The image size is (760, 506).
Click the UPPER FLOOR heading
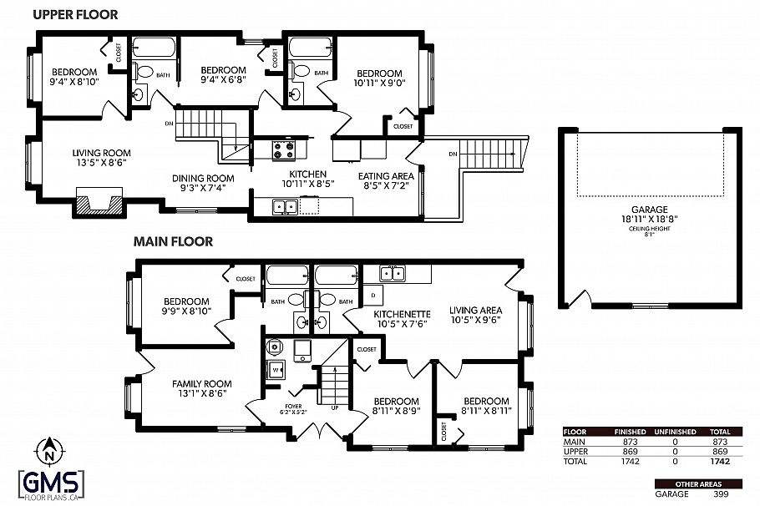(x=74, y=14)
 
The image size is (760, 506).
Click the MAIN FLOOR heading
(x=173, y=241)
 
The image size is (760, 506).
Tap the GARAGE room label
(x=649, y=210)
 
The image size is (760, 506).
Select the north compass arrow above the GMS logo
(x=50, y=452)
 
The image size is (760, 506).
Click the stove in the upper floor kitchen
(x=283, y=150)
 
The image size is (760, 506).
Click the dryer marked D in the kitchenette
(x=372, y=296)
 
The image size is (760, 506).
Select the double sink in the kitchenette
(x=392, y=273)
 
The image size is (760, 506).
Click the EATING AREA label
(x=386, y=176)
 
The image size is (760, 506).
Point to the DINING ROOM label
(x=203, y=178)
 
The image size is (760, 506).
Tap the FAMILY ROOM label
(x=200, y=384)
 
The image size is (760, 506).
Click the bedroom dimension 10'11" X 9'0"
(x=378, y=83)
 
